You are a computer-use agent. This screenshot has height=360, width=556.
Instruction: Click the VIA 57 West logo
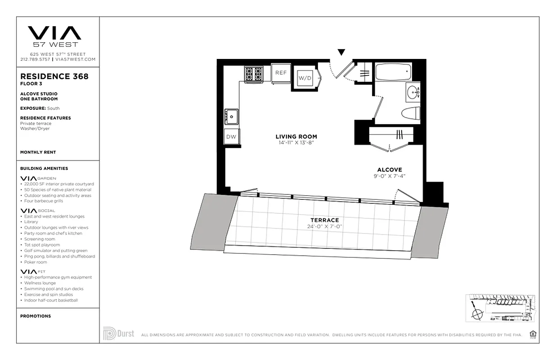tap(54, 36)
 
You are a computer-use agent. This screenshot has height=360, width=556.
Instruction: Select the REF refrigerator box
tap(281, 73)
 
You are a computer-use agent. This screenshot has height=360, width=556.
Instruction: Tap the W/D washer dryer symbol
tap(305, 78)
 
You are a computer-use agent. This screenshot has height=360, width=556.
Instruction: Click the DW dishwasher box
tap(231, 137)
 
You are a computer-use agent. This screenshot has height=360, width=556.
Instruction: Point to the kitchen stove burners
tap(253, 74)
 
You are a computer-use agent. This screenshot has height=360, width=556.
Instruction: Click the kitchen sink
tap(232, 117)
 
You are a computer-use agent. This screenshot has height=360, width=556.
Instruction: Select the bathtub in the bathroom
tap(393, 72)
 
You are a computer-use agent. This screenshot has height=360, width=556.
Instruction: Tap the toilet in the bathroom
tap(410, 112)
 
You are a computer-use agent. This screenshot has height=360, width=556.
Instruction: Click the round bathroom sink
tap(413, 93)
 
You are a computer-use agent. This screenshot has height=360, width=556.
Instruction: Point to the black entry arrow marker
tap(341, 52)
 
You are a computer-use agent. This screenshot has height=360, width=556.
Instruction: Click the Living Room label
tap(296, 137)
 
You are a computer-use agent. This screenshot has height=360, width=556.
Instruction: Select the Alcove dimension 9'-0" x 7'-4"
tap(390, 176)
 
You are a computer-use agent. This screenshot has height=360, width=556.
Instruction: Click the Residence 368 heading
tap(54, 76)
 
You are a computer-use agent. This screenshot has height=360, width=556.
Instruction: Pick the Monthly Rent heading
tap(38, 153)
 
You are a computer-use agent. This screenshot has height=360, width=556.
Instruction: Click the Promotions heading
tap(36, 316)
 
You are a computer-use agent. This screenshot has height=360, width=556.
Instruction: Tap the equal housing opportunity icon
tap(533, 334)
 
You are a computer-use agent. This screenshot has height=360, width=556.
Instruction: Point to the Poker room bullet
tap(36, 262)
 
